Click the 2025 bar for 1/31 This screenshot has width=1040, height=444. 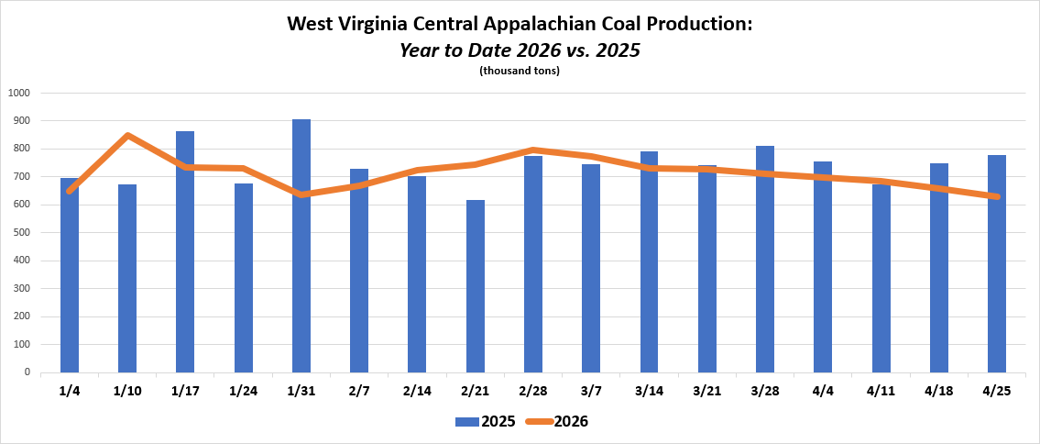[301, 246]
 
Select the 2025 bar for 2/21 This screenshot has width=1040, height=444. [476, 286]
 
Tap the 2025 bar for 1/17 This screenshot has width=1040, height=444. [185, 251]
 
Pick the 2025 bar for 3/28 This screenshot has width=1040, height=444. [765, 259]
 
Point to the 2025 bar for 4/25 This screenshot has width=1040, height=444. [997, 263]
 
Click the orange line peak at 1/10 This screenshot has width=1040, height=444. [127, 136]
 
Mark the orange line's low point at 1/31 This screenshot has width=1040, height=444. [301, 194]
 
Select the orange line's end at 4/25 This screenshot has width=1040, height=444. [997, 196]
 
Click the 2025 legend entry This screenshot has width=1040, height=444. [485, 421]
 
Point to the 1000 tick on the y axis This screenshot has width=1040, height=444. [18, 93]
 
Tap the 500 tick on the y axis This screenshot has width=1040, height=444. [21, 232]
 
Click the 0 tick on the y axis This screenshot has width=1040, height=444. [27, 372]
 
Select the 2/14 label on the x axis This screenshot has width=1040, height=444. [417, 391]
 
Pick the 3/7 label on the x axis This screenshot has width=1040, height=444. [591, 391]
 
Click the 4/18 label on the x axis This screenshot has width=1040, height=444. [938, 391]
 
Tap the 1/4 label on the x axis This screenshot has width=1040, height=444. [69, 391]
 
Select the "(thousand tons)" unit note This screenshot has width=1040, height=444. [520, 71]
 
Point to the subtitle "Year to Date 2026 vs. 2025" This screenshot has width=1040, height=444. [520, 50]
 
